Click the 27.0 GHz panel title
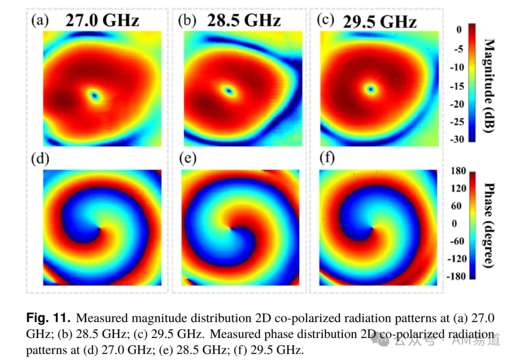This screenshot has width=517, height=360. [102, 21]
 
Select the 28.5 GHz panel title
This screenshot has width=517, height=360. [244, 21]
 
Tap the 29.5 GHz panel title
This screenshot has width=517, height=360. [380, 22]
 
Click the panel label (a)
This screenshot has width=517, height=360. [40, 21]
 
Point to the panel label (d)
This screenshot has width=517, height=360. [40, 159]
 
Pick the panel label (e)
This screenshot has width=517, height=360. [188, 158]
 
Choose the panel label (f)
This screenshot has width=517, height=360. [327, 157]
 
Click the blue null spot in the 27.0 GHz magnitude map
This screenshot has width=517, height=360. [95, 96]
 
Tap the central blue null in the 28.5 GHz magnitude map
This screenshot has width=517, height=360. [228, 90]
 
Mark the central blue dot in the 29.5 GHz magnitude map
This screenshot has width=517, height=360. [371, 89]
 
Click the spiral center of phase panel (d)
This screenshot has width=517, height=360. [99, 228]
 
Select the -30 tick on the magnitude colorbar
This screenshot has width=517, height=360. [457, 139]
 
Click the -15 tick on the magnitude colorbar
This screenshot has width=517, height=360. [457, 86]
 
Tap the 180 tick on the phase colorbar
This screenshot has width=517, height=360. [458, 171]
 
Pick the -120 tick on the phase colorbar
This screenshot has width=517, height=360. [457, 259]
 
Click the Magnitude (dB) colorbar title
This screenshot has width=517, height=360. [489, 86]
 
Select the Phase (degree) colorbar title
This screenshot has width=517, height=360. [489, 225]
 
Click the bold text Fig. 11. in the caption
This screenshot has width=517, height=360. [48, 318]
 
